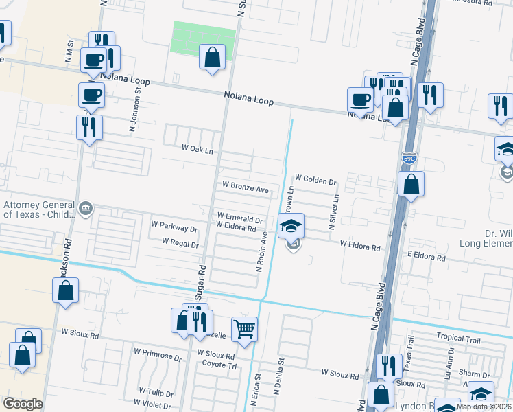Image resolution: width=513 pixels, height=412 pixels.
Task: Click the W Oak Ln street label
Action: point(198,149)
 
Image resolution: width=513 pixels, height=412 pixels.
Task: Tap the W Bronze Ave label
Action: point(245,187)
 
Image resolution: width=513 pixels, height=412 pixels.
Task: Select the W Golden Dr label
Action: point(315,182)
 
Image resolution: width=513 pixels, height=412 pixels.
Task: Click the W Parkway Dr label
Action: point(174,225)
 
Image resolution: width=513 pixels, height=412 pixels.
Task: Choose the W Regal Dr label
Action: point(180,243)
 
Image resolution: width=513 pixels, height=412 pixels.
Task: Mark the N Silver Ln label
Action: point(334,212)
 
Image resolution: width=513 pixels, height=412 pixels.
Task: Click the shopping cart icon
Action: point(244,329)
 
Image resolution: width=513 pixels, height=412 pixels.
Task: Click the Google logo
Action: point(23,403)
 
